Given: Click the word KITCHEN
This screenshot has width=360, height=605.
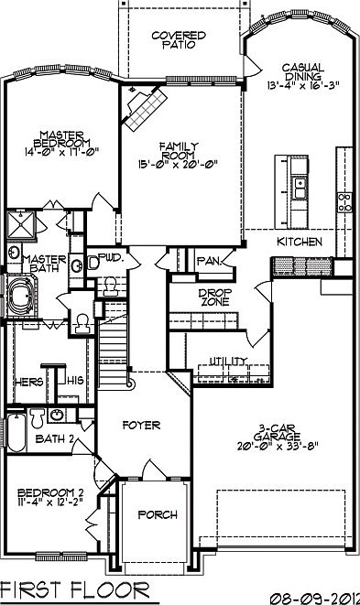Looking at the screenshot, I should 299,242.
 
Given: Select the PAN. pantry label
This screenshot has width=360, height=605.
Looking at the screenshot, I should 209,262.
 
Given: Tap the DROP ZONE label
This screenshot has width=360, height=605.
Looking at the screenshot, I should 193,299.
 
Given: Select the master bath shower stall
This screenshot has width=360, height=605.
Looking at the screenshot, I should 16,224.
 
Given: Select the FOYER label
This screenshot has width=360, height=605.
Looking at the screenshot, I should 141,426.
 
